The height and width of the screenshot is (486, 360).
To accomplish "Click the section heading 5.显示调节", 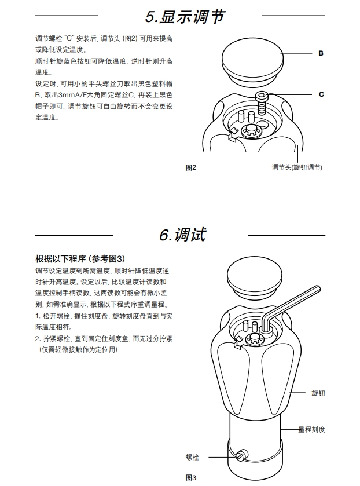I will pyautogui.click(x=185, y=17).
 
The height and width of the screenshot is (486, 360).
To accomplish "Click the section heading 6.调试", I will pyautogui.click(x=182, y=235).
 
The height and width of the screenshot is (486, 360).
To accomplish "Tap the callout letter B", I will pyautogui.click(x=321, y=53).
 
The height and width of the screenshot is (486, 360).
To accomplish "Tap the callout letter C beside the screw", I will pyautogui.click(x=321, y=94).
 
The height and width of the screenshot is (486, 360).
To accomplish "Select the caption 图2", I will pyautogui.click(x=191, y=167).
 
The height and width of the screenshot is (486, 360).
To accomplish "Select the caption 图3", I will pyautogui.click(x=191, y=478).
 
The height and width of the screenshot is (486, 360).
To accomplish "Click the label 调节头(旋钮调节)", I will pyautogui.click(x=296, y=167).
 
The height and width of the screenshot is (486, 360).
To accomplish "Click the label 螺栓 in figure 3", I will pyautogui.click(x=192, y=457).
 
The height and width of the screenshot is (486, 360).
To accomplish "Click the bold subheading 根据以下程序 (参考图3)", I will pyautogui.click(x=80, y=259).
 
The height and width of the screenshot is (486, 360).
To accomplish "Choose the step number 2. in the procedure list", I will pyautogui.click(x=38, y=338).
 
